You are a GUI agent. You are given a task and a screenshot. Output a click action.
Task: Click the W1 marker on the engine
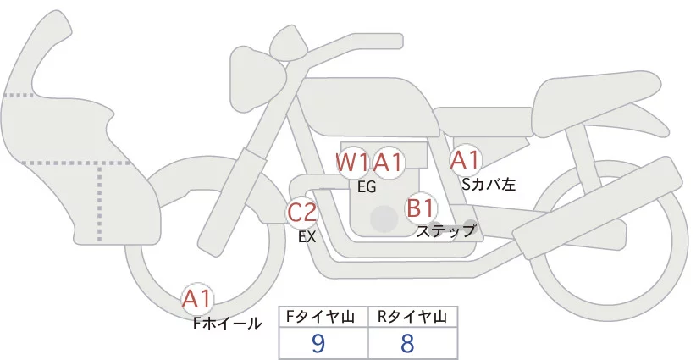click(352, 161)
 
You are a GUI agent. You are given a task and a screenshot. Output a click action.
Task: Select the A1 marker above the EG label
click(389, 161)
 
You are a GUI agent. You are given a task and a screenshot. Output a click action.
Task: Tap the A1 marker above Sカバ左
click(465, 158)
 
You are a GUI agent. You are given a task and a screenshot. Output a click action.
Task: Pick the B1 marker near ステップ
click(421, 207)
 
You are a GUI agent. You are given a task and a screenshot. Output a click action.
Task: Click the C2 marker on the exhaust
click(301, 212)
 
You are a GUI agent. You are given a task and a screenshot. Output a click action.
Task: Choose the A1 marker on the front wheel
click(198, 298)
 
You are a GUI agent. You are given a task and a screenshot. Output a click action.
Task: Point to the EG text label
click(367, 187)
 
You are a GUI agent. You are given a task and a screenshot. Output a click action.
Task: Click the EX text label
click(307, 238)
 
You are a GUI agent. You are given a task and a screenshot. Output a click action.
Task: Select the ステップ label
click(446, 230)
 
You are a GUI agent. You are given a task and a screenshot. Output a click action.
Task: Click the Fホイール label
click(227, 323)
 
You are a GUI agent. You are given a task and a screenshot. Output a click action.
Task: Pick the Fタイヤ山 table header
click(323, 317)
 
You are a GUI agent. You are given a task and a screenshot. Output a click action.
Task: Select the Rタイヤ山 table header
click(412, 317)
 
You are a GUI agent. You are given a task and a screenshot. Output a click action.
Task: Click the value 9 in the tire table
click(319, 343)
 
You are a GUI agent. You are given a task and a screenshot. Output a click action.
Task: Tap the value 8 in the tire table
click(408, 343)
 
